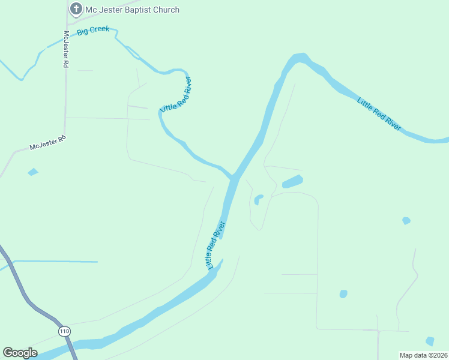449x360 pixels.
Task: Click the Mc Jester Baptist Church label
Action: tap(132, 10)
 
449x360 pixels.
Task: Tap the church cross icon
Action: tap(76, 9)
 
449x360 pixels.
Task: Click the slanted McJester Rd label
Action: tap(47, 143)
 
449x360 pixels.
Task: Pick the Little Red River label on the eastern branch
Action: tap(379, 113)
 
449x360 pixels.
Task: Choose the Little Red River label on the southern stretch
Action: tap(215, 245)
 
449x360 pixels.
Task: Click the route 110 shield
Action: tap(64, 331)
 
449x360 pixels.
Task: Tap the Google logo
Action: tap(20, 353)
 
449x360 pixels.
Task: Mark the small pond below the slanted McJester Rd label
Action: tap(32, 172)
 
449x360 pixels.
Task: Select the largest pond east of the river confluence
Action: tap(292, 181)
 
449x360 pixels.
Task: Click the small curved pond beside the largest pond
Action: tap(258, 199)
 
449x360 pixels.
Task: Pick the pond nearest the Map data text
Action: tap(430, 341)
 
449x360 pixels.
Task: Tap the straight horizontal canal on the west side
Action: tap(54, 262)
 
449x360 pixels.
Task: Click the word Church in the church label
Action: tap(166, 10)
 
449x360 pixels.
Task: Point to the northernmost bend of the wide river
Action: tap(300, 58)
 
